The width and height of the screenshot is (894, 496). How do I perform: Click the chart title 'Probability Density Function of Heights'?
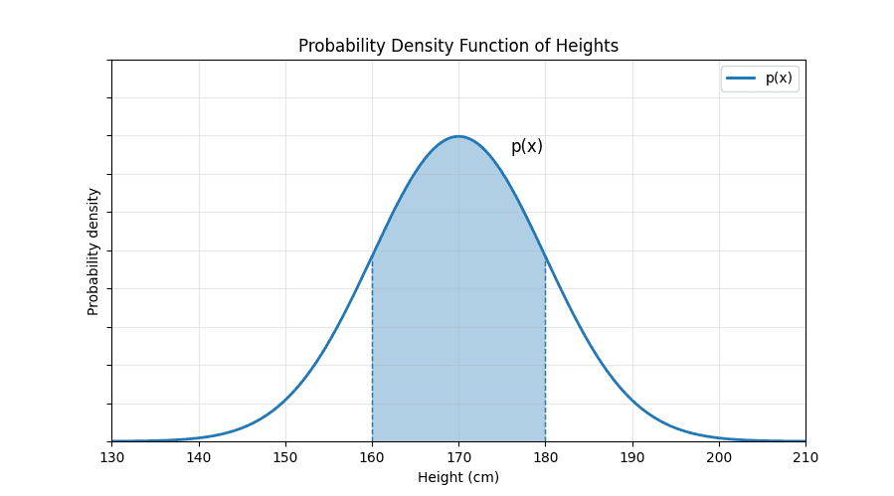click(458, 46)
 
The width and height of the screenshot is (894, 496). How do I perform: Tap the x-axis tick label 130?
click(111, 457)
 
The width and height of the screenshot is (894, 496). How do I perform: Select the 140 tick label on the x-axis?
click(199, 457)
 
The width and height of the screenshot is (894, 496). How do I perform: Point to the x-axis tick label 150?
click(285, 457)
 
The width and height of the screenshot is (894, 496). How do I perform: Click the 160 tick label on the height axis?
click(372, 457)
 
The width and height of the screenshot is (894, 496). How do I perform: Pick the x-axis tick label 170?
click(458, 457)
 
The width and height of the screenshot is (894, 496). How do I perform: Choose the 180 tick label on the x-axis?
click(545, 457)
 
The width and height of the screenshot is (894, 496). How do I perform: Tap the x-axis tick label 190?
click(632, 457)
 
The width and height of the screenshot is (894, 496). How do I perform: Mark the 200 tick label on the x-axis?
click(719, 457)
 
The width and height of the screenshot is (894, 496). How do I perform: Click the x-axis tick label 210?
click(805, 457)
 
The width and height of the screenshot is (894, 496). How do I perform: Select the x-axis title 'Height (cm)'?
click(458, 477)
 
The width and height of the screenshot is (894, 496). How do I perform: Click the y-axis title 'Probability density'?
click(93, 251)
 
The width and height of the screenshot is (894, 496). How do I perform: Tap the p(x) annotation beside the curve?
click(527, 147)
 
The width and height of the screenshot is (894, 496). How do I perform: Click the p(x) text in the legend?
click(779, 79)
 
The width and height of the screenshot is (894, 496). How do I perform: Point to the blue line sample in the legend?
click(742, 79)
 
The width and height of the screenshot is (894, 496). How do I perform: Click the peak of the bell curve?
click(458, 136)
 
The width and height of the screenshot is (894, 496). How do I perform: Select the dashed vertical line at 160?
click(372, 348)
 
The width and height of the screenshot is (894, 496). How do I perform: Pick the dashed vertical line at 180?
click(545, 348)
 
